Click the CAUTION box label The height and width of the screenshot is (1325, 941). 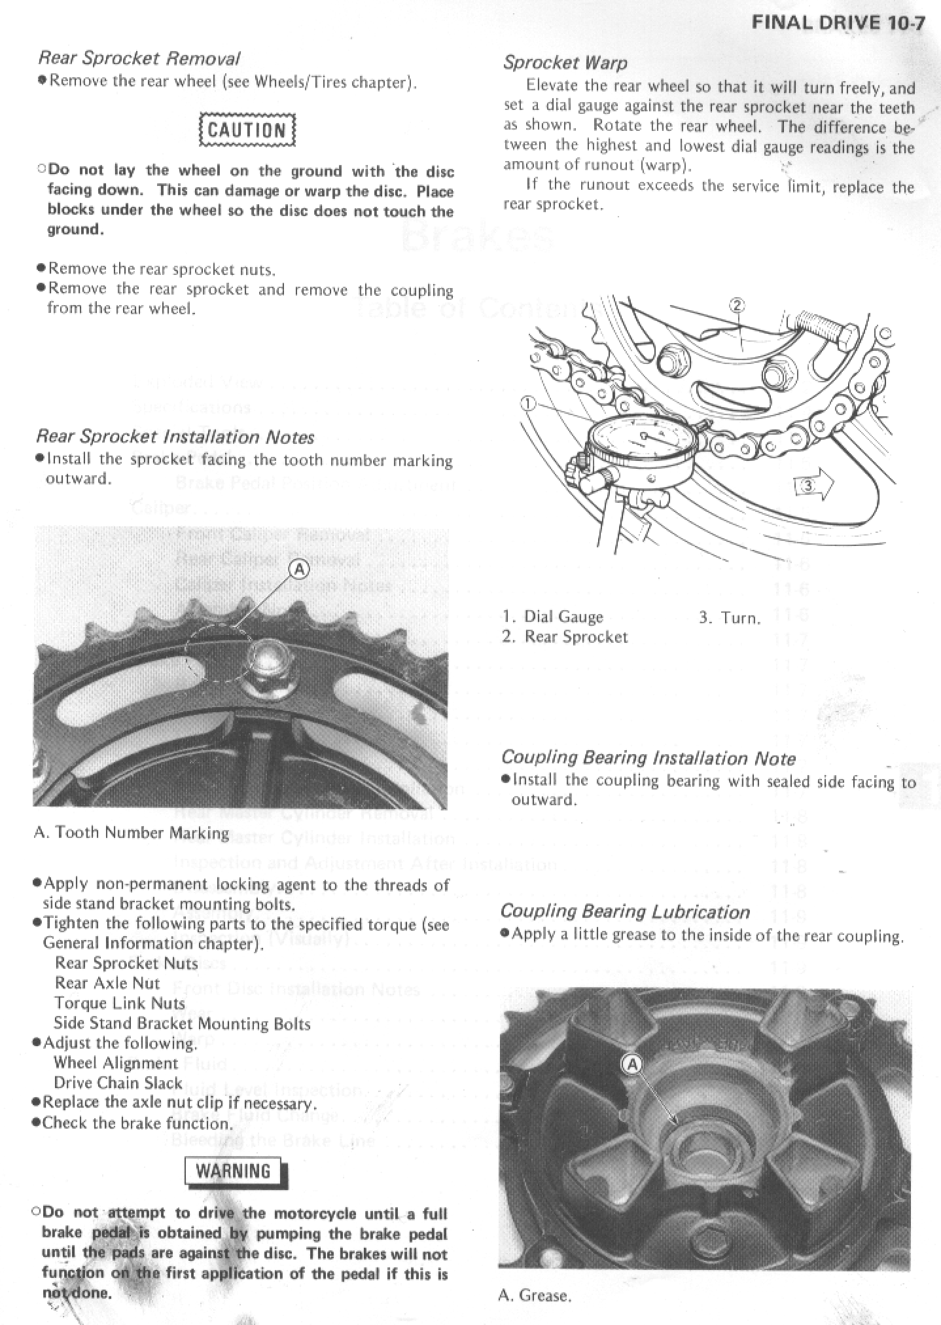click(x=247, y=130)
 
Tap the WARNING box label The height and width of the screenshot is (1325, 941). click(x=234, y=1171)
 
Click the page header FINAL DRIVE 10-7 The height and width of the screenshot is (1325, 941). click(x=839, y=23)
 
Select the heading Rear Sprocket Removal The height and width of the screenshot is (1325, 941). click(x=139, y=58)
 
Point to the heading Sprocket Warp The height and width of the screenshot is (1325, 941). click(x=565, y=63)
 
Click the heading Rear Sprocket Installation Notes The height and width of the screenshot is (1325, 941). click(x=175, y=437)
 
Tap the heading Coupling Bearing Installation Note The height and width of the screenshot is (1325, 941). click(x=648, y=758)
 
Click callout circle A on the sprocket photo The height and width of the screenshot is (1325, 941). click(x=298, y=570)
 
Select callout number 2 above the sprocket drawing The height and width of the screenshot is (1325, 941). click(x=737, y=304)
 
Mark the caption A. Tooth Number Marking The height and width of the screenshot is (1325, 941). click(x=131, y=832)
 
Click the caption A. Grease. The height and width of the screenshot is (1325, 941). click(x=535, y=1296)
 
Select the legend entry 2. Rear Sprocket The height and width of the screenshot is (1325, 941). click(x=565, y=637)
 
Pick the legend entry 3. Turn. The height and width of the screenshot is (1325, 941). click(x=730, y=617)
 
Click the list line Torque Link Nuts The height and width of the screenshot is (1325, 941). click(x=120, y=1003)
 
